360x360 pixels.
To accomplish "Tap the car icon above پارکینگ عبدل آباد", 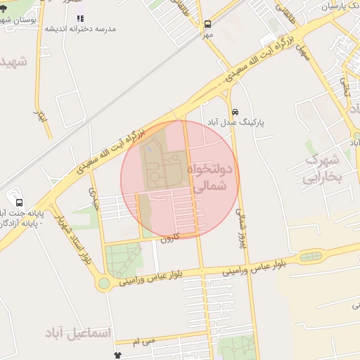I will [x=235, y=111].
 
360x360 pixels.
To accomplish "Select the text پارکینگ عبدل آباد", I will [x=235, y=122].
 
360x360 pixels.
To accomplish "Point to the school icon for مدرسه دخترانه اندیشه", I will [x=80, y=18].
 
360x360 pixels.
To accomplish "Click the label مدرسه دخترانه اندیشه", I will [x=80, y=30].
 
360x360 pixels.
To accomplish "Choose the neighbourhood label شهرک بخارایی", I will [x=323, y=168].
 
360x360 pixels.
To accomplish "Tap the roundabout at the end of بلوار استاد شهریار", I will [x=104, y=283].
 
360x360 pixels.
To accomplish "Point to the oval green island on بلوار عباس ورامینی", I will [x=308, y=256].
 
